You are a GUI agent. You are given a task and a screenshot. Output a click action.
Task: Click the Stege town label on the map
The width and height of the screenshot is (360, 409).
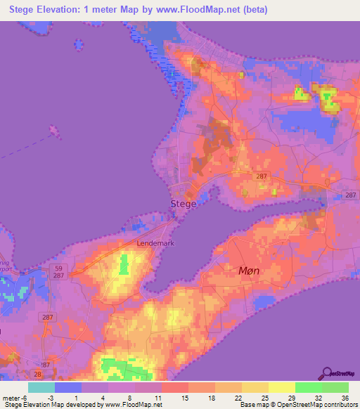click(183, 204)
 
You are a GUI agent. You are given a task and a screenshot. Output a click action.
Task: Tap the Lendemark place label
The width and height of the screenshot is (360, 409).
click(155, 243)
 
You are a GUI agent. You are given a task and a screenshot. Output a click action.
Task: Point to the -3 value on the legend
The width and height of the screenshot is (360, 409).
click(41, 397)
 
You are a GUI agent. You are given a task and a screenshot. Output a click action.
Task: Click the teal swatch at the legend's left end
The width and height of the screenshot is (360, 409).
click(41, 387)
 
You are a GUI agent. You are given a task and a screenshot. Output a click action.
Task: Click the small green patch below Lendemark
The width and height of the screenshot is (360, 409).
click(125, 266)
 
